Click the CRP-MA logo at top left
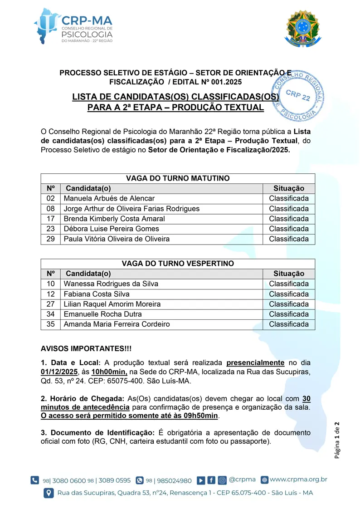pyautogui.click(x=73, y=26)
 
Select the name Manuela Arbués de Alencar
pyautogui.click(x=109, y=198)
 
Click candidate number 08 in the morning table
pyautogui.click(x=50, y=209)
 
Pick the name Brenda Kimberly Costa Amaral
pyautogui.click(x=114, y=219)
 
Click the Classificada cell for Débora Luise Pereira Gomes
pyautogui.click(x=288, y=229)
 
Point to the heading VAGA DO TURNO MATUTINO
pyautogui.click(x=178, y=178)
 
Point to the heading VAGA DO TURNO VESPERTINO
pyautogui.click(x=178, y=264)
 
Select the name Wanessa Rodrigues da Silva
pyautogui.click(x=111, y=284)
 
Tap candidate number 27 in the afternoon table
pyautogui.click(x=50, y=304)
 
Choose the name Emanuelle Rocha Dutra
pyautogui.click(x=102, y=314)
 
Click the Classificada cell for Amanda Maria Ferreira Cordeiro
pyautogui.click(x=288, y=324)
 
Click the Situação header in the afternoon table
pyautogui.click(x=288, y=274)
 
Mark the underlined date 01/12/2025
pyautogui.click(x=58, y=372)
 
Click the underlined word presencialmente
pyautogui.click(x=255, y=362)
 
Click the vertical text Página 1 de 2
pyautogui.click(x=338, y=440)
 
